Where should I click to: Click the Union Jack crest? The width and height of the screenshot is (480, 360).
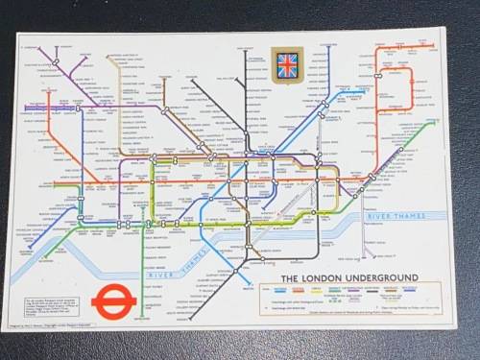pyautogui.click(x=287, y=64)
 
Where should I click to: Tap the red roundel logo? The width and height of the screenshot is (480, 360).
pyautogui.click(x=113, y=305)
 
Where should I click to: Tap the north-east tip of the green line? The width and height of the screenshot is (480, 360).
pyautogui.click(x=433, y=123)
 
